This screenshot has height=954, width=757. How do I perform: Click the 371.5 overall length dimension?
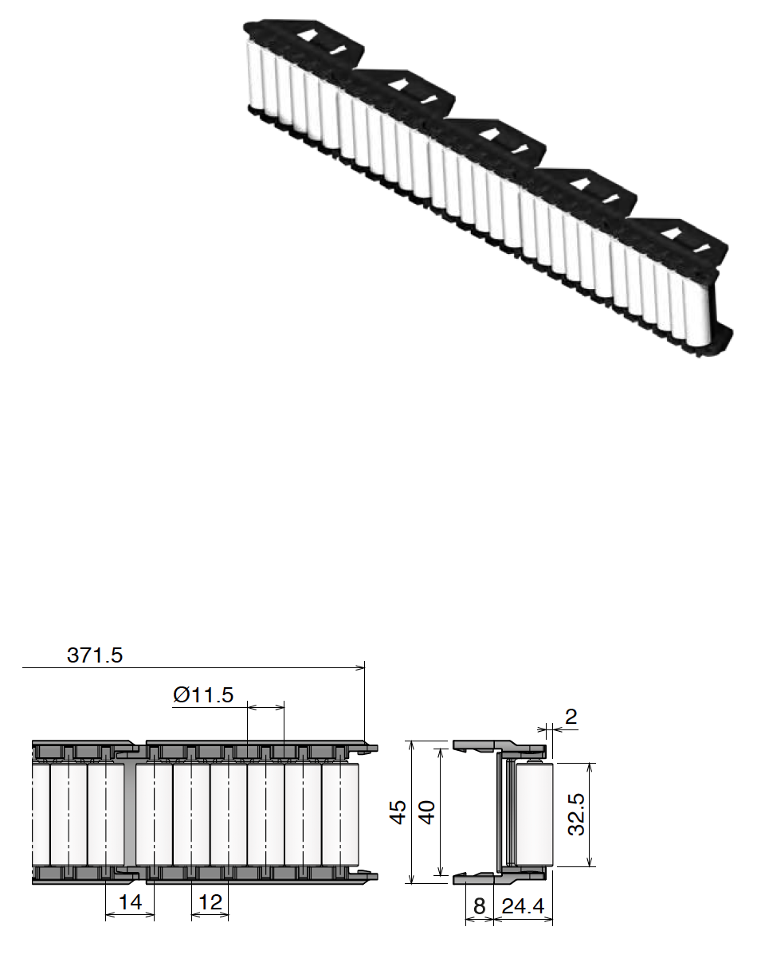(94, 655)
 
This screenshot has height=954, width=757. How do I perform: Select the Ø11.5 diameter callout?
(203, 695)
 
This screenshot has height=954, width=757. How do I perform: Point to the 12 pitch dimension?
(210, 903)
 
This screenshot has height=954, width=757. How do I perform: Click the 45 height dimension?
(399, 811)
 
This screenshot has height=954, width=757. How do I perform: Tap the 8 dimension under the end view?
(478, 907)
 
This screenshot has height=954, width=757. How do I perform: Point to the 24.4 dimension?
(523, 907)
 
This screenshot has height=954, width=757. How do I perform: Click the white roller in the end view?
(533, 812)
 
